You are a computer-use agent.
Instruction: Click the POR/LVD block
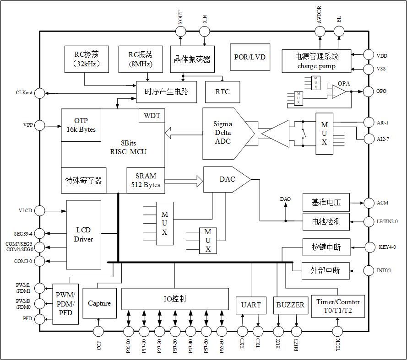pyautogui.click(x=250, y=57)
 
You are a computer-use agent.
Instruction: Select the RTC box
pyautogui.click(x=222, y=92)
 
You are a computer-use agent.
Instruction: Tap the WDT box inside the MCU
pyautogui.click(x=152, y=116)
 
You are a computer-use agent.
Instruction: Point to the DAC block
pyautogui.click(x=226, y=179)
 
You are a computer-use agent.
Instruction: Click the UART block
pyautogui.click(x=251, y=305)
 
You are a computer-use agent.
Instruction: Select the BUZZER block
pyautogui.click(x=290, y=305)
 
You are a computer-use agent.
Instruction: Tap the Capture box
pyautogui.click(x=99, y=303)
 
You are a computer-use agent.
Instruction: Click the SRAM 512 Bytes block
pyautogui.click(x=146, y=180)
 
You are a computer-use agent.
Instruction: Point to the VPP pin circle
pyautogui.click(x=40, y=125)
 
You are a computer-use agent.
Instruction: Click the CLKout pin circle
pyautogui.click(x=40, y=93)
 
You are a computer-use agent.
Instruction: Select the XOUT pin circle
pyautogui.click(x=181, y=31)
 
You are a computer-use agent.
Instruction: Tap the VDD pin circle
pyautogui.click(x=369, y=55)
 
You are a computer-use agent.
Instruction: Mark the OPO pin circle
pyautogui.click(x=369, y=91)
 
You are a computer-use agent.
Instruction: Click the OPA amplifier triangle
pyautogui.click(x=339, y=91)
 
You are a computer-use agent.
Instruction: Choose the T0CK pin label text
pyautogui.click(x=338, y=345)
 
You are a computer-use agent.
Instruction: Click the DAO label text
pyautogui.click(x=285, y=199)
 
